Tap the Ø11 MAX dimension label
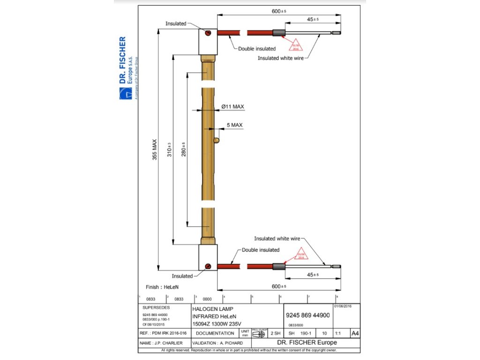[232, 107]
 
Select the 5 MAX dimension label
[234, 125]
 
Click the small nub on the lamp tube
[216, 140]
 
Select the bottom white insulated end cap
[208, 257]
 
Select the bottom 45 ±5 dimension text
[312, 275]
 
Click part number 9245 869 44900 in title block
[307, 315]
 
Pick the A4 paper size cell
[355, 333]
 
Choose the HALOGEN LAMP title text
[209, 309]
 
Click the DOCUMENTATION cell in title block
[215, 333]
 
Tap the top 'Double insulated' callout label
[257, 48]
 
